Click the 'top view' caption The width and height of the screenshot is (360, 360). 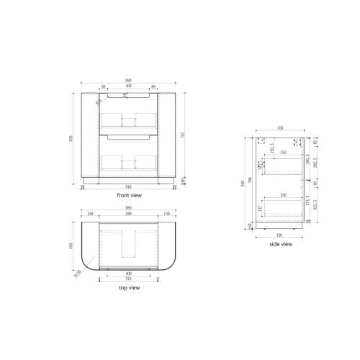(129, 287)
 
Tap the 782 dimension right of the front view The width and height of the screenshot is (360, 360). (189, 137)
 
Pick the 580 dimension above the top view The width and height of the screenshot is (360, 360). (128, 213)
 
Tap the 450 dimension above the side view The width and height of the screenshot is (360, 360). (281, 132)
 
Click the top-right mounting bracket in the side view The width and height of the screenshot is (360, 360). (296, 142)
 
